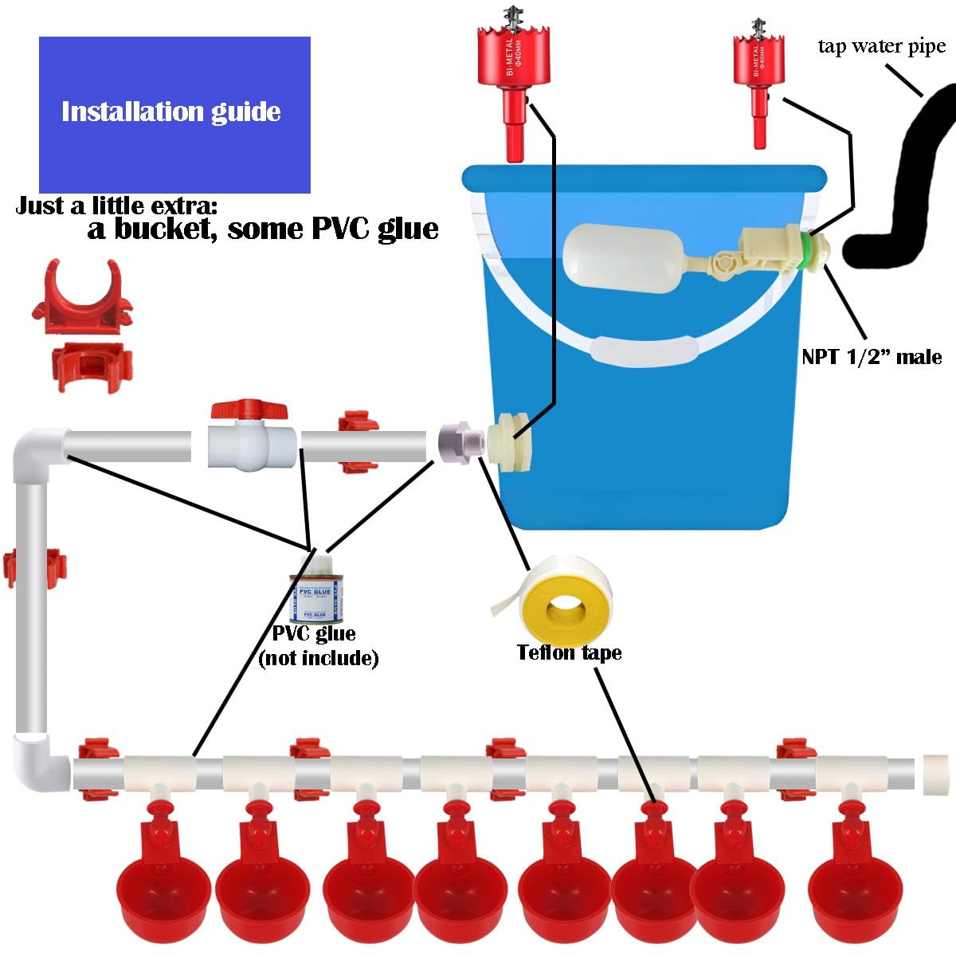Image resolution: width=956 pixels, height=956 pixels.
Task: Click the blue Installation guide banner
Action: tap(174, 114)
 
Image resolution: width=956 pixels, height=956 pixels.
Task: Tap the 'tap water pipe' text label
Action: tap(881, 46)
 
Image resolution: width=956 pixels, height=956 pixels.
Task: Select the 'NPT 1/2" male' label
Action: tap(872, 357)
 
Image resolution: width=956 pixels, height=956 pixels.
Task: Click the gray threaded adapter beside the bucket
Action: tap(459, 441)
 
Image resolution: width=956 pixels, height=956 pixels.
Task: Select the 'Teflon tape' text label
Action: tap(569, 653)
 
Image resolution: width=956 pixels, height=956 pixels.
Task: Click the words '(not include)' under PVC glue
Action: tap(318, 658)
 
